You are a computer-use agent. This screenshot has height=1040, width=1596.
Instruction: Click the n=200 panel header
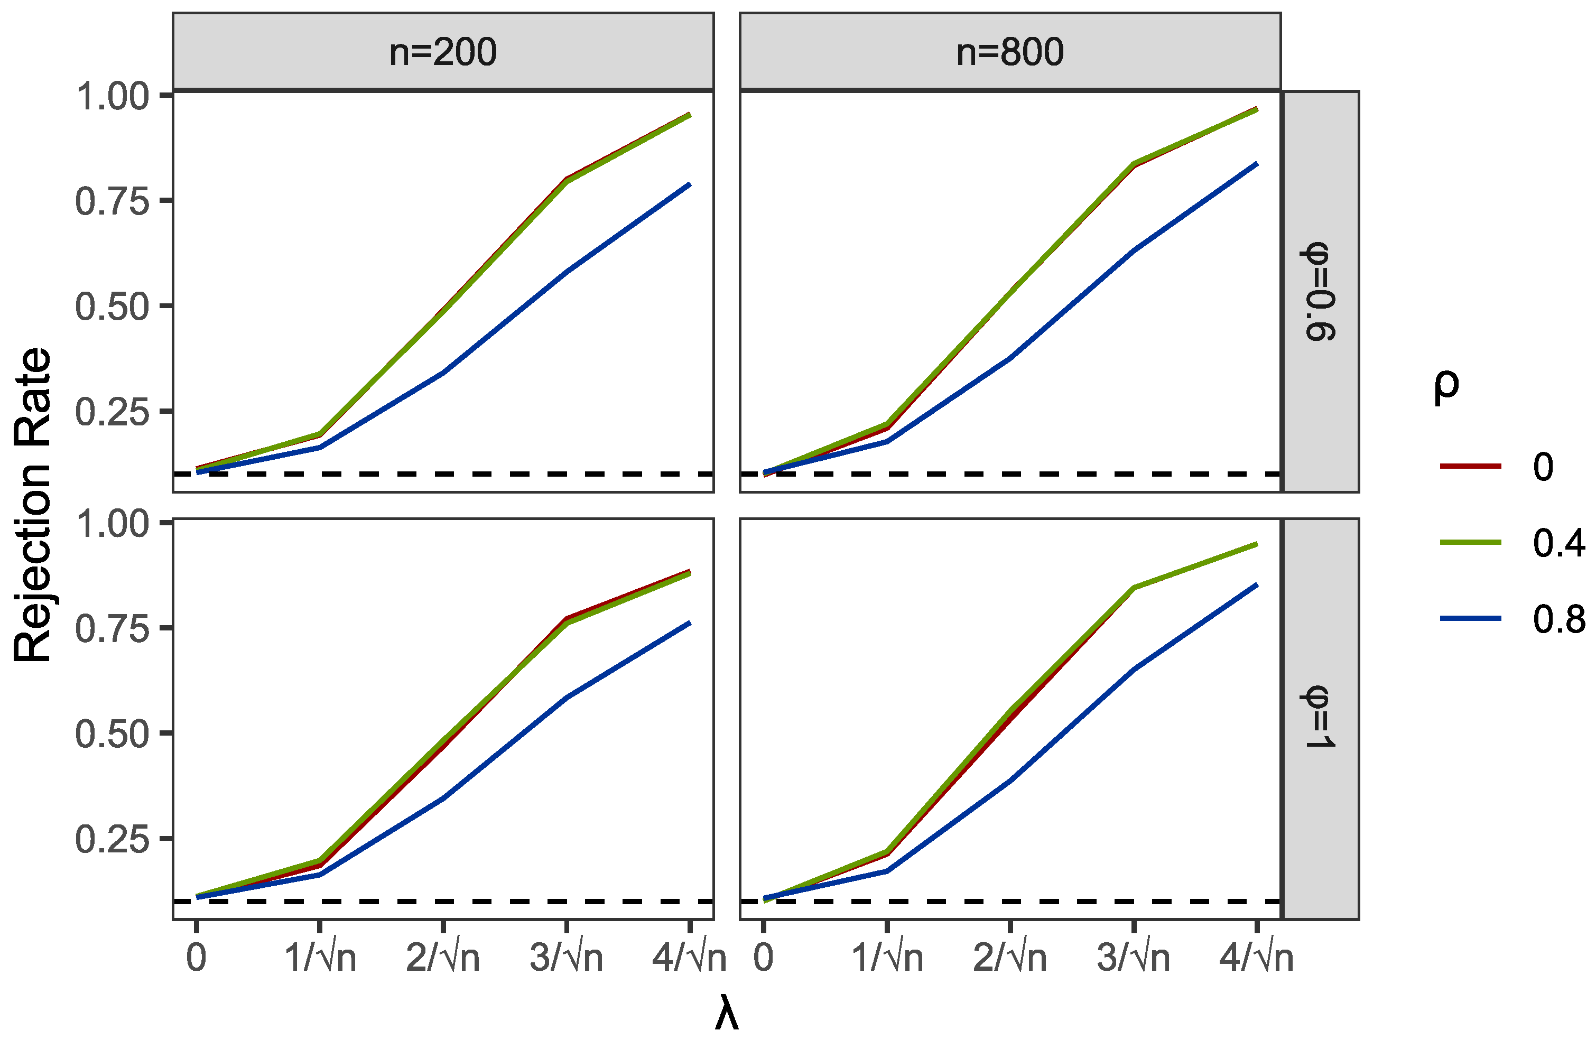click(442, 52)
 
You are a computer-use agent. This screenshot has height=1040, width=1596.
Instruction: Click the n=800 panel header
click(1009, 52)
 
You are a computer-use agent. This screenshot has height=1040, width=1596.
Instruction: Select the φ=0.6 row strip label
click(1320, 291)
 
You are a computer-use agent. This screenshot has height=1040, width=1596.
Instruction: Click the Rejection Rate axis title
click(32, 506)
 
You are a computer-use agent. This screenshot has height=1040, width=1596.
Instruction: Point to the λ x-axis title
click(726, 1015)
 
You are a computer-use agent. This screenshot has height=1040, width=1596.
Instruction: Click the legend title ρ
click(1446, 386)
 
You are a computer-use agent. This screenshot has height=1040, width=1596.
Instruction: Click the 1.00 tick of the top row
click(112, 96)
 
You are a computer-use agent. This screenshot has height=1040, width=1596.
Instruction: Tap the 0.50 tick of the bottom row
click(112, 733)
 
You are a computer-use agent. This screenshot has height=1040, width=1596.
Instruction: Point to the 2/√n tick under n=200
click(442, 958)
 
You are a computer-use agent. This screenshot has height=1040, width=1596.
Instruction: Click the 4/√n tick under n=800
click(1256, 958)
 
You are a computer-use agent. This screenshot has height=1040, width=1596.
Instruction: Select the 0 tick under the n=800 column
click(763, 958)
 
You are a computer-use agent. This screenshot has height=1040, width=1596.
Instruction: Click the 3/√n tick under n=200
click(566, 958)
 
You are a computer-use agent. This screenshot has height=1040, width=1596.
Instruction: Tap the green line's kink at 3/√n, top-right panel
click(1133, 164)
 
